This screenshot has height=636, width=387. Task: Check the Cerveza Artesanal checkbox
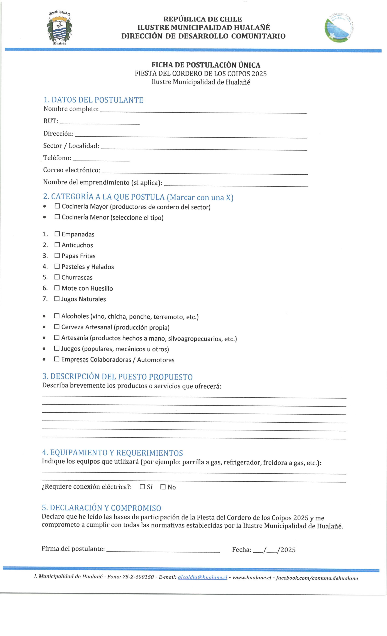point(57,327)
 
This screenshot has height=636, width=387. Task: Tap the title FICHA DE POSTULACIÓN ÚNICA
point(206,65)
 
